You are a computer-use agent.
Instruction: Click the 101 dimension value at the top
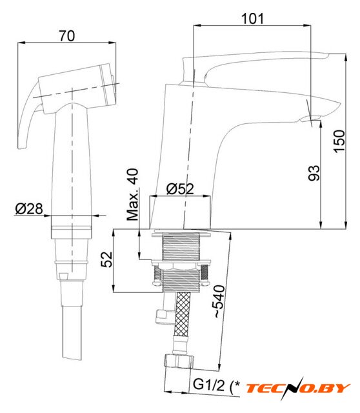coord(252,19)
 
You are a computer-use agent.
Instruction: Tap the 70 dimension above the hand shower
coord(67,36)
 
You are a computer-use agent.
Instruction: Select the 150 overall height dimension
coord(339,141)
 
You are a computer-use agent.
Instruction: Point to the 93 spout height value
coord(314,173)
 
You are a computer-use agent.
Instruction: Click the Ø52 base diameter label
coord(180,188)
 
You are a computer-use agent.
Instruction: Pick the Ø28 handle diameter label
coord(29,208)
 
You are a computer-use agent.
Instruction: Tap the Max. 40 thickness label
coord(133,194)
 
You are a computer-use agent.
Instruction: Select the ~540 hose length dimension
coord(219,301)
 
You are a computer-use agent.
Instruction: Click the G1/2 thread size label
coord(209,385)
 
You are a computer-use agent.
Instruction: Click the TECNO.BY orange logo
coord(298,388)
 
